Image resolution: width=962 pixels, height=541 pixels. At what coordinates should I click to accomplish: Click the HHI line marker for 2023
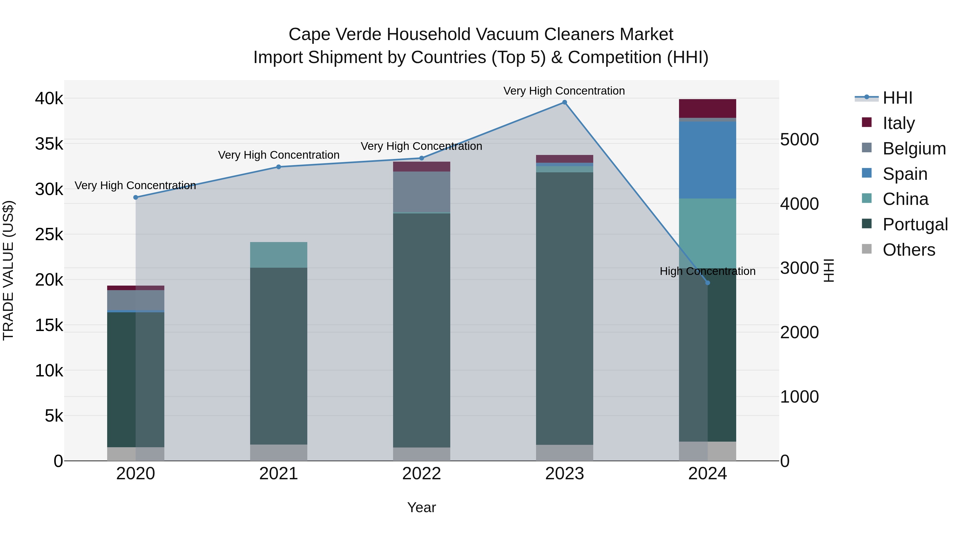click(x=564, y=102)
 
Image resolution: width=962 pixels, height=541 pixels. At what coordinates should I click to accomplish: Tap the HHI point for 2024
click(x=707, y=283)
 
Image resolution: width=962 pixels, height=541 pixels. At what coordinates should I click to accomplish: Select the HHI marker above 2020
click(x=135, y=197)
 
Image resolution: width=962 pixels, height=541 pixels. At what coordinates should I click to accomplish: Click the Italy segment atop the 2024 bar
click(x=707, y=108)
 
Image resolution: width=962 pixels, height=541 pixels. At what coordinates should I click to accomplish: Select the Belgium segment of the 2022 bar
click(x=421, y=192)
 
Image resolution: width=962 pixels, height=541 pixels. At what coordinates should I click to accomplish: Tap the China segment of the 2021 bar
click(x=279, y=255)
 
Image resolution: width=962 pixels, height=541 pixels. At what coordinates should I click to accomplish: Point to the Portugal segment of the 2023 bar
click(x=564, y=308)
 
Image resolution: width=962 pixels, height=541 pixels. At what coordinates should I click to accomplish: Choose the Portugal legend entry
click(x=915, y=224)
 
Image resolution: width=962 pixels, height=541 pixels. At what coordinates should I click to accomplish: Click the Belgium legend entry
click(x=914, y=148)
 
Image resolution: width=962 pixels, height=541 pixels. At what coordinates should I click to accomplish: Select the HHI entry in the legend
click(x=897, y=98)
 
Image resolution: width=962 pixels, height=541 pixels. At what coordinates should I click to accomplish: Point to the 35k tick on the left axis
click(x=49, y=144)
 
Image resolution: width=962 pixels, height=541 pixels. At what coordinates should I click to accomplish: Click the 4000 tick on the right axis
click(x=799, y=204)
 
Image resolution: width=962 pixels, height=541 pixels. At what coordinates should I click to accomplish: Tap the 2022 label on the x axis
click(x=421, y=473)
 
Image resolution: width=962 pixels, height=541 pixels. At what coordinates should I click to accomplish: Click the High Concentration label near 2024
click(x=707, y=271)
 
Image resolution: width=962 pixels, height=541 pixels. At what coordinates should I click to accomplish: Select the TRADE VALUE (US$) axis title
click(x=8, y=270)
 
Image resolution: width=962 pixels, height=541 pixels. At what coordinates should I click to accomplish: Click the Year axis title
click(x=421, y=507)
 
